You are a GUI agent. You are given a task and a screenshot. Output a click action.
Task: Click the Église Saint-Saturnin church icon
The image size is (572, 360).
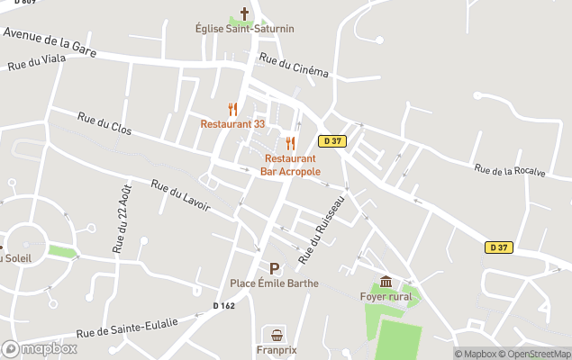(x=244, y=13)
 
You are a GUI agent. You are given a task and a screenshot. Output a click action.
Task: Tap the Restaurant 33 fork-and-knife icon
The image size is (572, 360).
(x=232, y=110)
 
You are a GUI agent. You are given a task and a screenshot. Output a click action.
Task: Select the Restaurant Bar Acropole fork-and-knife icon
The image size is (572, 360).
(x=290, y=143)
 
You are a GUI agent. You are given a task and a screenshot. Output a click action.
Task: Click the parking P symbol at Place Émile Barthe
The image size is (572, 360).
(x=274, y=268)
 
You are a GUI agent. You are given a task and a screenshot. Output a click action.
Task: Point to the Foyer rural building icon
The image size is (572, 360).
(x=386, y=282)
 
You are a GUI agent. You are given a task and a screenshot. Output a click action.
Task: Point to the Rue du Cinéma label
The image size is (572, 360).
(x=294, y=65)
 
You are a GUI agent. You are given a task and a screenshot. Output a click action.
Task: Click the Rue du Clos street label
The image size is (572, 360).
(x=104, y=124)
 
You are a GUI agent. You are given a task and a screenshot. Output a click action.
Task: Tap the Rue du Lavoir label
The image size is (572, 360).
(x=180, y=195)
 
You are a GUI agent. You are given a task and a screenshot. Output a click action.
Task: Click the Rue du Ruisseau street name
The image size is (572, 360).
(x=322, y=230)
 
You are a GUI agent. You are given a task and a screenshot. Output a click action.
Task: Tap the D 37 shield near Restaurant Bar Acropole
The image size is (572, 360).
(x=331, y=141)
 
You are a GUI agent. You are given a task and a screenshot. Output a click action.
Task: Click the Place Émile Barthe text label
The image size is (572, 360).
(x=274, y=283)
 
